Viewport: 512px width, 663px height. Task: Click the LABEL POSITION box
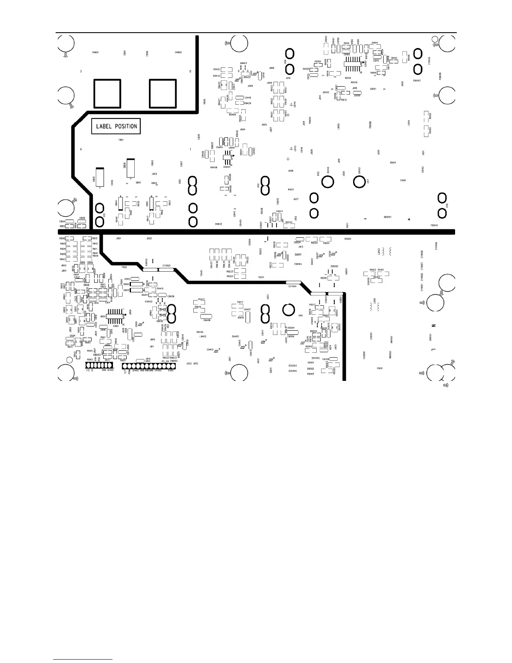click(x=116, y=126)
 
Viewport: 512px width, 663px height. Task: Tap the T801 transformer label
click(x=121, y=140)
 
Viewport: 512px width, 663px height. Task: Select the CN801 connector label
click(x=95, y=53)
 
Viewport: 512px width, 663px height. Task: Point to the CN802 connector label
click(x=178, y=53)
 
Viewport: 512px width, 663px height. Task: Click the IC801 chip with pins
click(x=116, y=316)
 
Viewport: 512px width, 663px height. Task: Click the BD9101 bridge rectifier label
click(x=387, y=217)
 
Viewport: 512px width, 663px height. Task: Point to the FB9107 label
click(x=417, y=81)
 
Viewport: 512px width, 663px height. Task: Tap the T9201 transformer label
click(x=261, y=277)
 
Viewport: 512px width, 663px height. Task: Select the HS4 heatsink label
click(x=300, y=316)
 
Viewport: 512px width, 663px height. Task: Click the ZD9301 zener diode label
click(x=334, y=266)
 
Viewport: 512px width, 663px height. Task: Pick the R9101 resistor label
click(x=381, y=270)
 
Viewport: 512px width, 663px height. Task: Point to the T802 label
click(x=124, y=267)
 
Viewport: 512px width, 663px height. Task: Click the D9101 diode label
click(x=393, y=162)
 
